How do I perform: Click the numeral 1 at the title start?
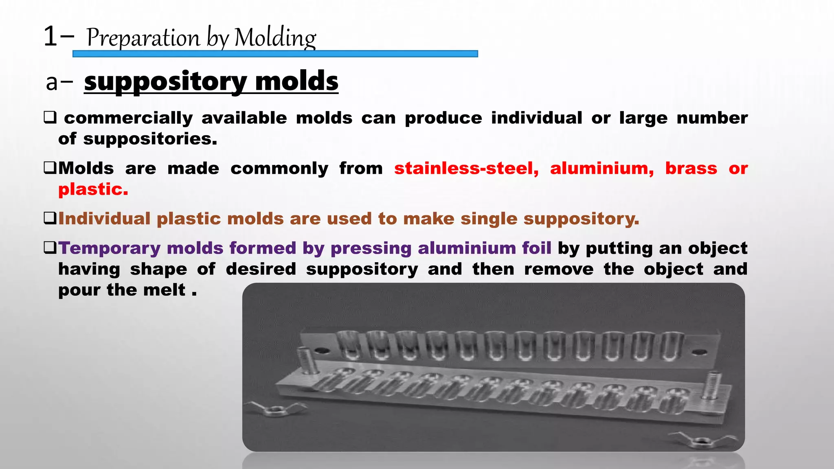(50, 37)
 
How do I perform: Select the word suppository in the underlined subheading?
(165, 81)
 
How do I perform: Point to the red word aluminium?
(602, 169)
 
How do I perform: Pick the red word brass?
(691, 169)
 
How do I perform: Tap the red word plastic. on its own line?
(93, 189)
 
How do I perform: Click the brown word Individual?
(104, 219)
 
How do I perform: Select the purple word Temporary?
(110, 248)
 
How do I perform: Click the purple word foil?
(537, 248)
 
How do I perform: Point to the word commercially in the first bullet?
(128, 118)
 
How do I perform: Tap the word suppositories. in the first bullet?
(150, 139)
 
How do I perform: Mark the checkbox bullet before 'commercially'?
(50, 118)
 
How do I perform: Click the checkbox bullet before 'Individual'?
(50, 219)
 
